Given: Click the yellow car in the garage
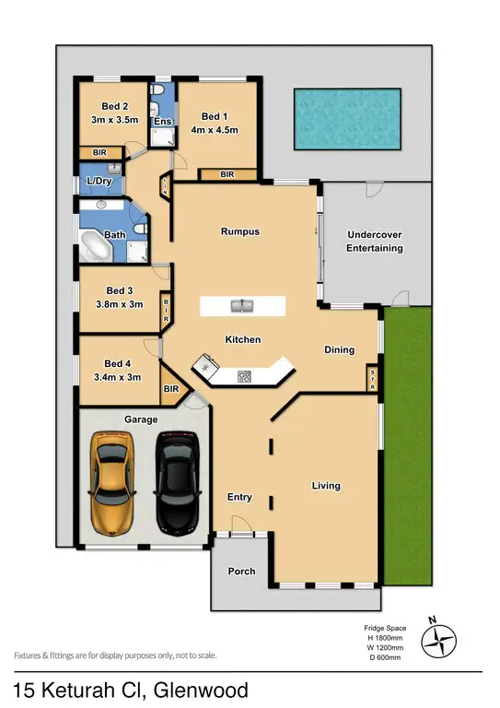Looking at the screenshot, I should pos(109,483).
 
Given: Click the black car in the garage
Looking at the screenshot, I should pos(174,483).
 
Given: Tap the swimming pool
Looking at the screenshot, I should pos(346,119).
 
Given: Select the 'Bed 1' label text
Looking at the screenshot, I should pos(213,116).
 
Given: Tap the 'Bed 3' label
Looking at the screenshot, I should pos(121,290).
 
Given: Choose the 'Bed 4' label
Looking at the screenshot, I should pos(121,362).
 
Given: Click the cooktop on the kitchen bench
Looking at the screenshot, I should pos(245,375).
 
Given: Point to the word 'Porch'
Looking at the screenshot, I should pos(241,572).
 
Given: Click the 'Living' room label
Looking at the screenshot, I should pos(326,486).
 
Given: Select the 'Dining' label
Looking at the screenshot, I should pos(339,349).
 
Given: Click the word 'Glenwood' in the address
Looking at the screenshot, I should pos(202,689).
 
